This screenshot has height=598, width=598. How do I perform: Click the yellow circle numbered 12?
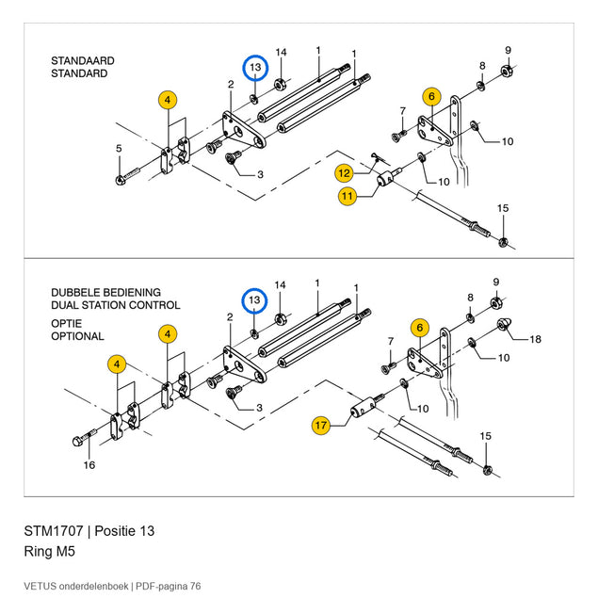pos(344,173)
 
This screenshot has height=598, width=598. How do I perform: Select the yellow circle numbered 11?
pos(347,197)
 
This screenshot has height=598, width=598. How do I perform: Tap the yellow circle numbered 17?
pos(321,426)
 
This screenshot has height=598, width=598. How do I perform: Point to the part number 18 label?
pos(535,339)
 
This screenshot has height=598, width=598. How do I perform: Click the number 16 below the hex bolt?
pos(89,465)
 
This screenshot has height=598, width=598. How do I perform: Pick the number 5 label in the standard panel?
pos(119,149)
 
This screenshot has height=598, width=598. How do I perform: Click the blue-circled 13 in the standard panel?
pos(255,68)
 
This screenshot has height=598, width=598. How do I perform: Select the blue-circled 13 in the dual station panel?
pos(255,301)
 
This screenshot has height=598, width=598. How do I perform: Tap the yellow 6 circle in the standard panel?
pos(431,96)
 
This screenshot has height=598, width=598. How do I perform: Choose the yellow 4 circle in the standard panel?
pos(168,101)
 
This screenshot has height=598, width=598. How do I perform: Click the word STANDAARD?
pos(83,60)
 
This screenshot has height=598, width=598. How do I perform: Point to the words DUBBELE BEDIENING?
pos(106,293)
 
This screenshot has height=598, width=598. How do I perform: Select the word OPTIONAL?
pos(77,336)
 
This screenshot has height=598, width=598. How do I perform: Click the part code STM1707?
pos(54,531)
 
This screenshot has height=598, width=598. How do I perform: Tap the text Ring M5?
pos(50,552)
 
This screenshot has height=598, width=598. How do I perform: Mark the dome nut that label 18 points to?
pos(504,325)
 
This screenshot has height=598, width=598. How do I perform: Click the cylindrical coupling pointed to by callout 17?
pos(363,408)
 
